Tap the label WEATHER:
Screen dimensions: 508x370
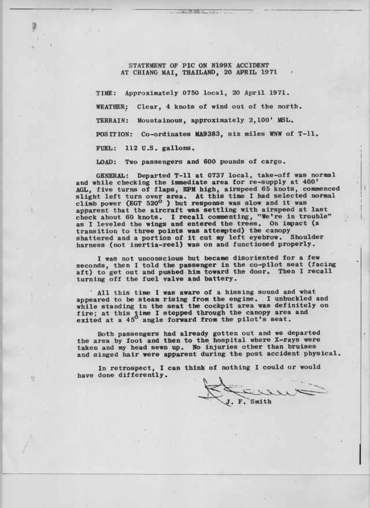pos(112,107)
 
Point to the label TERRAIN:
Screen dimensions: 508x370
pos(112,121)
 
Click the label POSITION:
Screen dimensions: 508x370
pos(113,135)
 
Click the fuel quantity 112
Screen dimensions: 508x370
pos(132,148)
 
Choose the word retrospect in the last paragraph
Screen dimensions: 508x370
pos(131,367)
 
